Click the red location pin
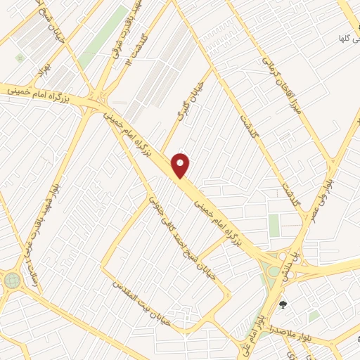pos(181,165)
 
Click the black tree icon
pos(283,304)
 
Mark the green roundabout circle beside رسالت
pos(12,280)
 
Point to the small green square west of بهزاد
pos(20,56)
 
